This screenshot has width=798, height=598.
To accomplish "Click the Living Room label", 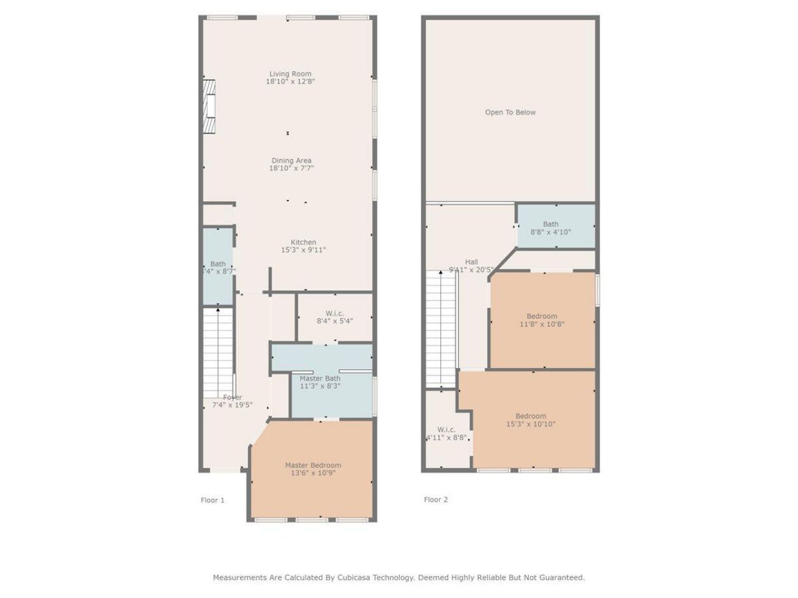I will tap(290, 74).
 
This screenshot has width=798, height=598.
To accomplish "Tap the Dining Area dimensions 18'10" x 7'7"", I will tap(291, 168).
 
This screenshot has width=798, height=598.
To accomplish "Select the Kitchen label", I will tap(303, 242).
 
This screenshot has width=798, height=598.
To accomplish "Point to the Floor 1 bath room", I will tap(218, 267).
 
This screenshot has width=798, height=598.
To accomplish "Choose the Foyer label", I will tap(233, 397).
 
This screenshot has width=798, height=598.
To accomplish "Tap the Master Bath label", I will tap(320, 378).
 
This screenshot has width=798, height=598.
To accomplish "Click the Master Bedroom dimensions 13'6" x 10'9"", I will tap(313, 473).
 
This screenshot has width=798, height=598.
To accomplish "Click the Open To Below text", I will tap(510, 112).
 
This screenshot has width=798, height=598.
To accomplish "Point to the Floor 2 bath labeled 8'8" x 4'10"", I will tap(550, 228).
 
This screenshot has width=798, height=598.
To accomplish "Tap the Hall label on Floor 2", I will tap(471, 262).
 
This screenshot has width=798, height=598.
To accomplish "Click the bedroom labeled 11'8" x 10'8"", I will tap(542, 320).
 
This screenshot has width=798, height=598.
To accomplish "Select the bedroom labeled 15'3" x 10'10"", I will tap(531, 420).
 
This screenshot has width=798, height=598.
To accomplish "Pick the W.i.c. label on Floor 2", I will tap(446, 430).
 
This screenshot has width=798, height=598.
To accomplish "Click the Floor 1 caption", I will tap(213, 500).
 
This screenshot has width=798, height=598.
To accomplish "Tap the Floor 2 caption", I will tap(436, 500).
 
